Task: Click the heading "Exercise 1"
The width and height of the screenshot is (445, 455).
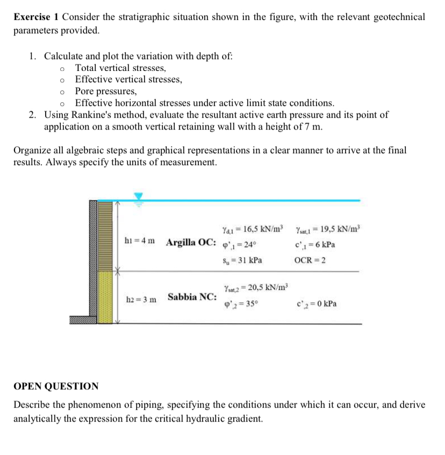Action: pyautogui.click(x=36, y=17)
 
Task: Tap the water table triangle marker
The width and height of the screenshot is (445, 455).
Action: pyautogui.click(x=139, y=197)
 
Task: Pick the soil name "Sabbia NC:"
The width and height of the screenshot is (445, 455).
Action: pyautogui.click(x=192, y=297)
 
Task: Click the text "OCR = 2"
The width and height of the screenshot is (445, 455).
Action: pyautogui.click(x=310, y=260)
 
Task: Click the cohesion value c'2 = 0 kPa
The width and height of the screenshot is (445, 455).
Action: pyautogui.click(x=317, y=303)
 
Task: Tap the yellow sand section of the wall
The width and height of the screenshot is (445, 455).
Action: pyautogui.click(x=105, y=296)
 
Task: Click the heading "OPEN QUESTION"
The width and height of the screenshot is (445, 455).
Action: pyautogui.click(x=56, y=386)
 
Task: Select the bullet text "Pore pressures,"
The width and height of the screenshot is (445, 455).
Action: pyautogui.click(x=106, y=91)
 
